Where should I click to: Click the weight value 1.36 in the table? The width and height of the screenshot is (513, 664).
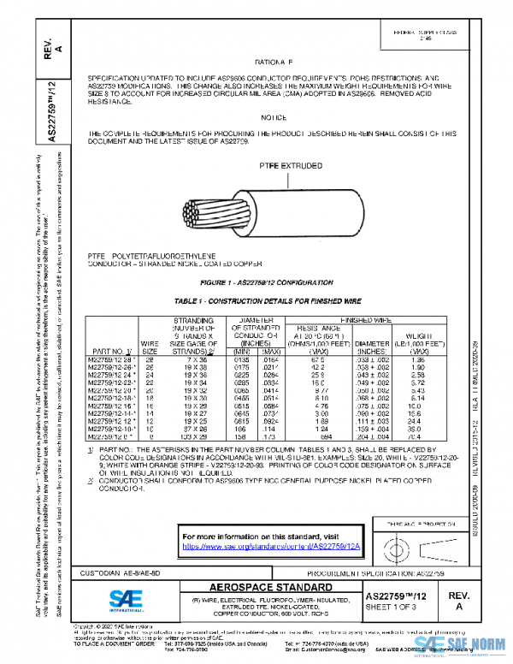click(419, 359)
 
